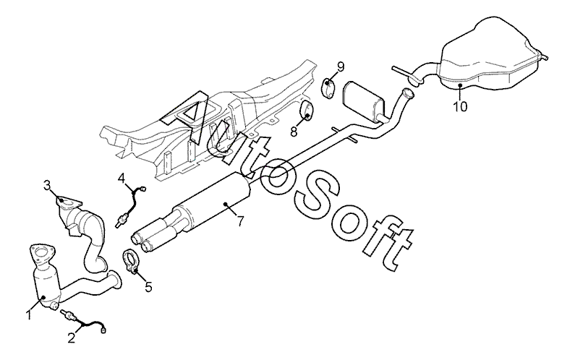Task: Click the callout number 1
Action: click(x=30, y=315)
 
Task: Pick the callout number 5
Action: click(x=148, y=287)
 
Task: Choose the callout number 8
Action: click(x=294, y=132)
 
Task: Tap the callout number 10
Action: click(x=461, y=106)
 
